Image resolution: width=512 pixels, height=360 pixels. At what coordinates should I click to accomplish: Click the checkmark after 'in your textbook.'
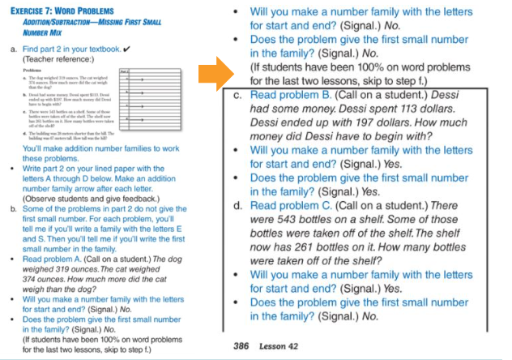coord(126,50)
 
